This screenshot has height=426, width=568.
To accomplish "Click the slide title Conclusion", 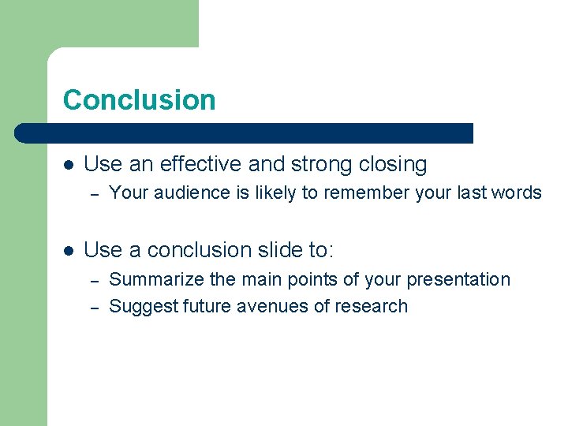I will coord(139,100).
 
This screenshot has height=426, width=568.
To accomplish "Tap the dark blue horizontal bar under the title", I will coord(245,133).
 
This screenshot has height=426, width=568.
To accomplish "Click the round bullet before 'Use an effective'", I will coord(69,165).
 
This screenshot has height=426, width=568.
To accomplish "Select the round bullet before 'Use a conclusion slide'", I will coord(69,251).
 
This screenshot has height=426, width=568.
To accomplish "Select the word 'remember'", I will coord(360,192).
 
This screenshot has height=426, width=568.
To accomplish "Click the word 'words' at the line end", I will coord(517,192).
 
